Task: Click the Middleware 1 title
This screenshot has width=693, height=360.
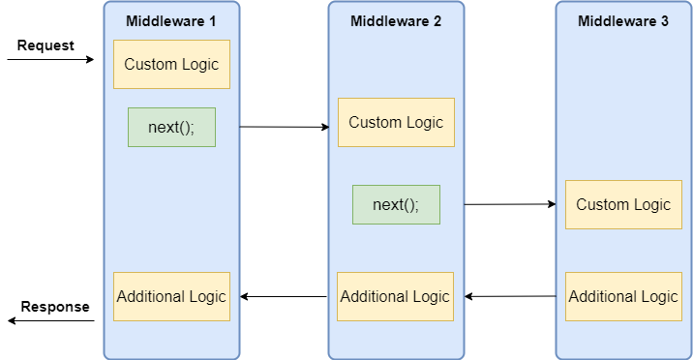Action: tap(171, 21)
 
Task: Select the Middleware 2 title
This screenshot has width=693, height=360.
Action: tap(396, 21)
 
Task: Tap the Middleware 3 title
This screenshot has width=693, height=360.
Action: tap(622, 21)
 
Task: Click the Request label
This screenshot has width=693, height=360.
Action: tap(45, 45)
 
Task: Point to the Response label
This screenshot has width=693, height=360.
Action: tap(55, 307)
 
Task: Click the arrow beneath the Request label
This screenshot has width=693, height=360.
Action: tap(50, 60)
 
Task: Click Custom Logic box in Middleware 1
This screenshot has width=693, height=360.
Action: tap(171, 65)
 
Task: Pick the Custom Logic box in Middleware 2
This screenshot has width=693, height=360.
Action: tap(396, 122)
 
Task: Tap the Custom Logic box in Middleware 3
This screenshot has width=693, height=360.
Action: tap(623, 204)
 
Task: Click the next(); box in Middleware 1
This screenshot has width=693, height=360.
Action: tap(171, 127)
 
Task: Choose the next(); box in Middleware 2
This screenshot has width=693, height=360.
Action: tap(396, 204)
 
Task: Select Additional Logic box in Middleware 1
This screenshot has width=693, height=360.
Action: tap(171, 297)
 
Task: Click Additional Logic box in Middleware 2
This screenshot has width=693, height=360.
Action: tap(396, 297)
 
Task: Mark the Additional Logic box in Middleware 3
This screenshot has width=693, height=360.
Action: tap(623, 297)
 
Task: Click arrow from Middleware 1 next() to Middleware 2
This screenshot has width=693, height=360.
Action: tap(285, 127)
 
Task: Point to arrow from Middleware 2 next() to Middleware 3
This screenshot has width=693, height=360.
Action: tap(510, 204)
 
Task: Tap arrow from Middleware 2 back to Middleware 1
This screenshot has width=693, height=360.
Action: tap(285, 296)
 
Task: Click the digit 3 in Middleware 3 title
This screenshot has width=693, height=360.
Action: tap(664, 21)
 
